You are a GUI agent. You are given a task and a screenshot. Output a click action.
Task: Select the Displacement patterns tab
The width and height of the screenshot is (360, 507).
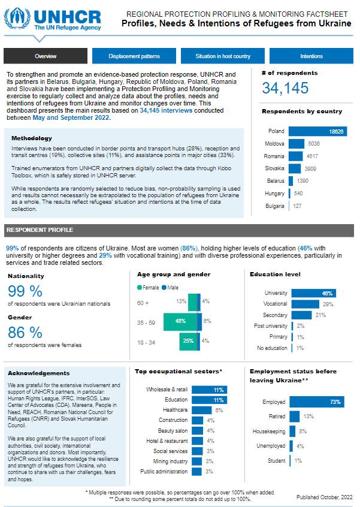tap(134, 56)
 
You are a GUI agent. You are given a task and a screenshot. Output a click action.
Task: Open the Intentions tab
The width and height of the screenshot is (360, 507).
tap(311, 56)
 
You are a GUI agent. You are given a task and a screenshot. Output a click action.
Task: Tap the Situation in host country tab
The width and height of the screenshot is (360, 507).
tap(223, 56)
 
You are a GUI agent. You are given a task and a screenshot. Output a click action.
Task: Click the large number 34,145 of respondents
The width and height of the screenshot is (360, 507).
tap(285, 89)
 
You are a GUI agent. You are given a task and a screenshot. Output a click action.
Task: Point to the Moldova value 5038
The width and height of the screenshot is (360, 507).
tap(314, 144)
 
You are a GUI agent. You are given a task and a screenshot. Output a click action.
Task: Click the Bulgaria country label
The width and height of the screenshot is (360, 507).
tap(275, 206)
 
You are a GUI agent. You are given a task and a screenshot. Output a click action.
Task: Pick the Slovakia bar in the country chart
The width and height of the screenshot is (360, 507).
tap(296, 168)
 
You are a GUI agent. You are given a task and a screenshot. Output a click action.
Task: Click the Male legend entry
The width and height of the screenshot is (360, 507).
tap(167, 288)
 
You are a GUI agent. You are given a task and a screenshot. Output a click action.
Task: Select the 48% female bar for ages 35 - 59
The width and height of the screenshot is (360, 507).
tap(180, 321)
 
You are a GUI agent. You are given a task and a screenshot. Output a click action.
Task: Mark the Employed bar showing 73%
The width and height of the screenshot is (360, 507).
tap(316, 402)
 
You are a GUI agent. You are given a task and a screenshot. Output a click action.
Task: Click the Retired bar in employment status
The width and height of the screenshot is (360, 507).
tap(294, 416)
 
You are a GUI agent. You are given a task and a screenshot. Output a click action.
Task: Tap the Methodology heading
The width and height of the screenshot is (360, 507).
tap(32, 138)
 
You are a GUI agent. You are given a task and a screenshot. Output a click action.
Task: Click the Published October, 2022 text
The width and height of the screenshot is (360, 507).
tap(324, 497)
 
